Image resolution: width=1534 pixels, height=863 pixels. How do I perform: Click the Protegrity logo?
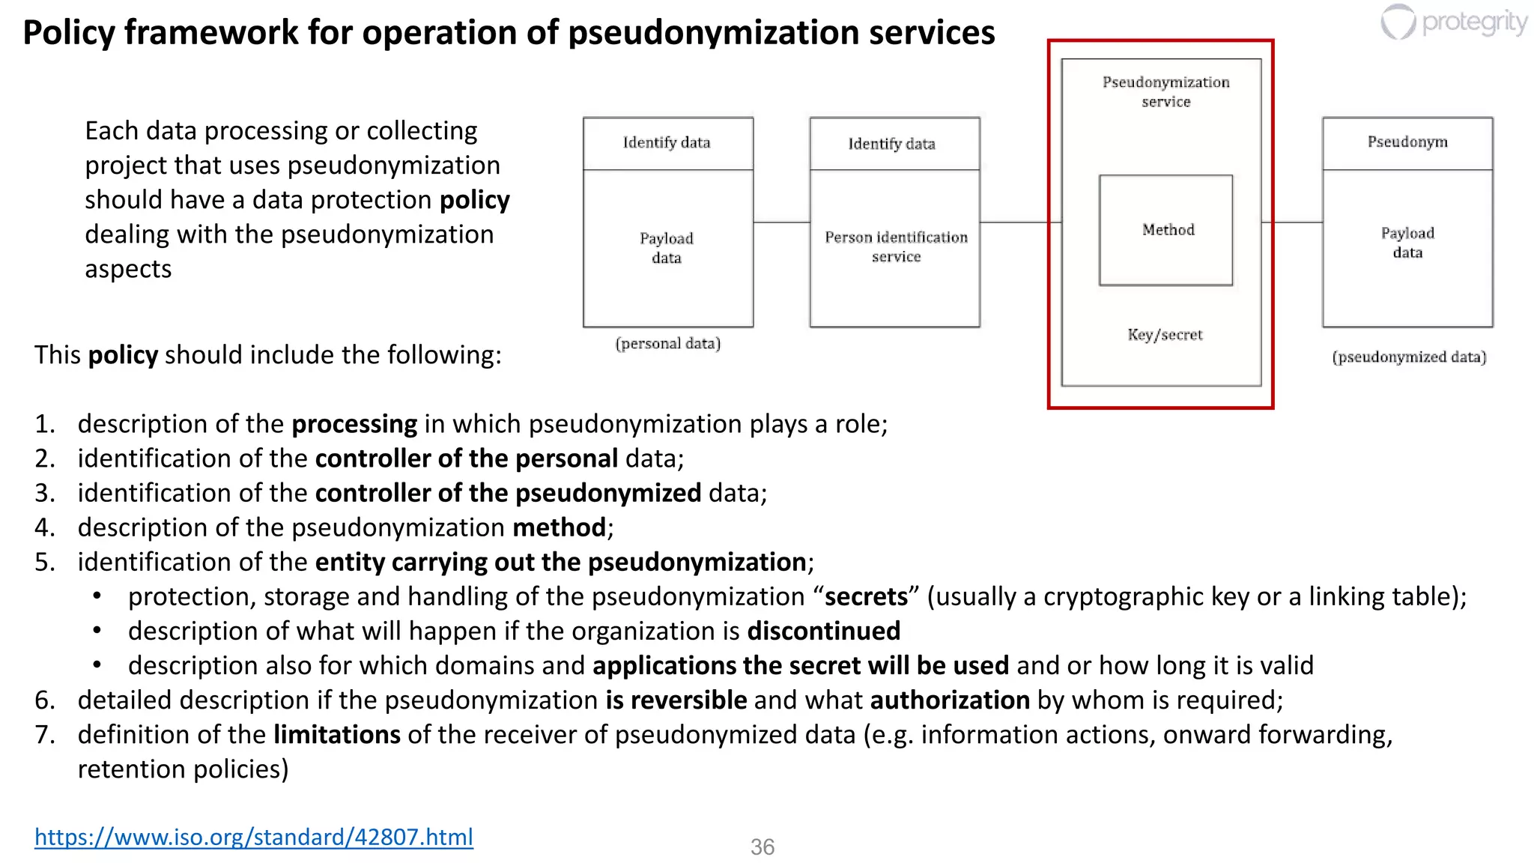click(1454, 22)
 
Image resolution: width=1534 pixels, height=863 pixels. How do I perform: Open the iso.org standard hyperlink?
click(254, 836)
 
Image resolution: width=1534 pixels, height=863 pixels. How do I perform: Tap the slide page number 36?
click(762, 847)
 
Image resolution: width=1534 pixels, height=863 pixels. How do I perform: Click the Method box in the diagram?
click(1165, 230)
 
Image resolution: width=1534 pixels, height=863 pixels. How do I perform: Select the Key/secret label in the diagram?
click(1165, 335)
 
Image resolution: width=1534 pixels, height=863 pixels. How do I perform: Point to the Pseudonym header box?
click(1407, 142)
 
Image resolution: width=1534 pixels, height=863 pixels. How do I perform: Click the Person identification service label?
click(896, 246)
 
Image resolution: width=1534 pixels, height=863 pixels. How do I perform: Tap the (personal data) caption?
click(667, 344)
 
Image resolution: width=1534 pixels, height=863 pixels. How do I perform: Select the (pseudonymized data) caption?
click(1408, 357)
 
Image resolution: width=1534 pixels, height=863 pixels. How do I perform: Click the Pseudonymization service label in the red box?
click(1165, 91)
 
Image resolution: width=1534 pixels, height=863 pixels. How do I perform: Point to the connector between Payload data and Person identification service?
click(781, 222)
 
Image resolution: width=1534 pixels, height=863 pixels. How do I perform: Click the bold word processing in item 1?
click(354, 424)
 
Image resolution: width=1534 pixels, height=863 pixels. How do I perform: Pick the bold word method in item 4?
click(559, 527)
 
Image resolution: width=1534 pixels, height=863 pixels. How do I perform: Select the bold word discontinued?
click(823, 631)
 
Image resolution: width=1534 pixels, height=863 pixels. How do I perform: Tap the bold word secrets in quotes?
click(866, 596)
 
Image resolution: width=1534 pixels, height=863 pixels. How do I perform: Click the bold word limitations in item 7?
click(336, 734)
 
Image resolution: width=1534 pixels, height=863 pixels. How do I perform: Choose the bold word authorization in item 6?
click(950, 700)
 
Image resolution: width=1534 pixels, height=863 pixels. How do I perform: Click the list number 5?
click(44, 562)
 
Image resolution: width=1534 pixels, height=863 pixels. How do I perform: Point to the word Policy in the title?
click(69, 32)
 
